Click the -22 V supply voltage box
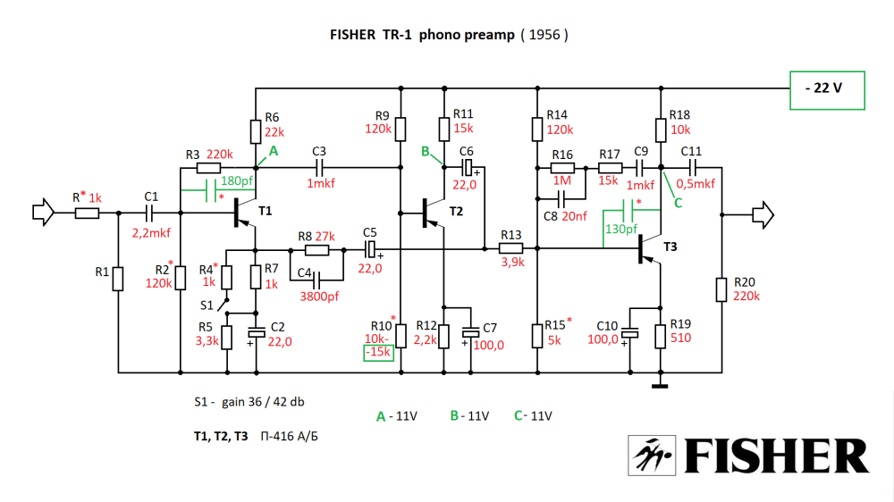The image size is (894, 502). coord(827,90)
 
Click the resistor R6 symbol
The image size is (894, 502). coord(257,130)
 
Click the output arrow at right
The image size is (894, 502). coord(763,213)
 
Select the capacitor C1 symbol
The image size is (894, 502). coord(149,213)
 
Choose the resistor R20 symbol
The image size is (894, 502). coord(721,291)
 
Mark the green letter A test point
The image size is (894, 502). coord(274,151)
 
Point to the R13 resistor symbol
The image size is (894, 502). coord(511,249)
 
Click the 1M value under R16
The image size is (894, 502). coord(561,179)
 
